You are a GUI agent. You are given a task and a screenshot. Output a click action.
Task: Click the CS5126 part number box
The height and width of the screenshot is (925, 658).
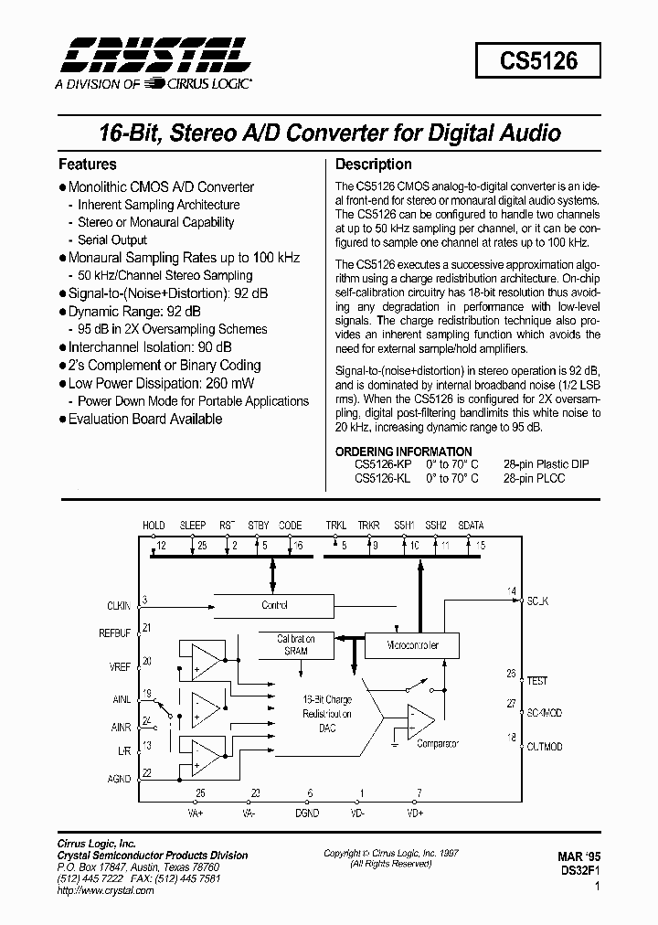click(x=537, y=61)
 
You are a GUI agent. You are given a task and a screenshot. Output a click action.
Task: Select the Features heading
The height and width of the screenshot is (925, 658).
click(x=87, y=165)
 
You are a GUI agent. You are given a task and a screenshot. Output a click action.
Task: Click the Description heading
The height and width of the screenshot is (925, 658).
click(x=373, y=165)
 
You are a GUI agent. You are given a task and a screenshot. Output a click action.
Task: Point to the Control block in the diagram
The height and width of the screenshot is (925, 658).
click(x=274, y=605)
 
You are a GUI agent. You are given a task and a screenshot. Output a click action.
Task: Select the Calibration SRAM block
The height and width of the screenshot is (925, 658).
click(x=297, y=644)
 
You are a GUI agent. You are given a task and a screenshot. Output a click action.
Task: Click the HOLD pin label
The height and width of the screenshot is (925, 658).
click(x=154, y=526)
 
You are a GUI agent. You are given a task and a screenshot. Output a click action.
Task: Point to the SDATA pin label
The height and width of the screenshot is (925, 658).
click(x=472, y=526)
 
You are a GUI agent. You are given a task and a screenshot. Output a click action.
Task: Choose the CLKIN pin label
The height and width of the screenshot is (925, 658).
click(x=120, y=605)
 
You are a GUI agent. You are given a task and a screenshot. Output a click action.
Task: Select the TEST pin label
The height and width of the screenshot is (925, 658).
click(x=537, y=681)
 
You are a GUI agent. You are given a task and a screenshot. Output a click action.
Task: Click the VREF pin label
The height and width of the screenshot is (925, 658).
click(x=120, y=667)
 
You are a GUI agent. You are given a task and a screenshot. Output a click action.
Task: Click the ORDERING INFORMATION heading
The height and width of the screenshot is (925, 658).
click(x=403, y=452)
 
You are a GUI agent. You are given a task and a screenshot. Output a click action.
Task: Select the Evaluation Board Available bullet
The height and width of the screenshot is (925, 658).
click(x=144, y=419)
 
